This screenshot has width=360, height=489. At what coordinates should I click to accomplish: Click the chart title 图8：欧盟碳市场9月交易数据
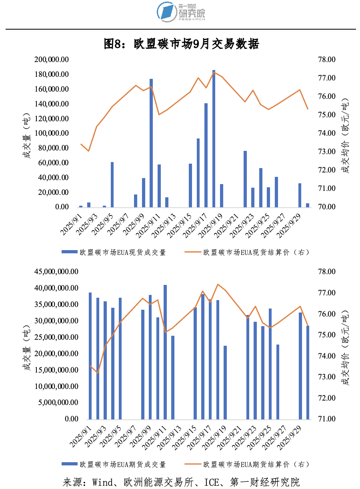coord(181,44)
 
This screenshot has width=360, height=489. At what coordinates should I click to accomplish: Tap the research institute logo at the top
coord(181,12)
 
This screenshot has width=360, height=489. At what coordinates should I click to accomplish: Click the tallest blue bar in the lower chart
coord(165,352)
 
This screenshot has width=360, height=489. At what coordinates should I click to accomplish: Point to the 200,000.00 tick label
coord(52,60)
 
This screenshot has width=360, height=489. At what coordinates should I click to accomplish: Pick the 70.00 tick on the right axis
coord(326,207)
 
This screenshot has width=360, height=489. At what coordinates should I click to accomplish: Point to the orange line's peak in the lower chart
coord(218,284)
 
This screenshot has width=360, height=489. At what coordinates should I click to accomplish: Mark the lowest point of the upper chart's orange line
coord(88,151)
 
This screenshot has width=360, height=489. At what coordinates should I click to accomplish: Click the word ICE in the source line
coord(212,482)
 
